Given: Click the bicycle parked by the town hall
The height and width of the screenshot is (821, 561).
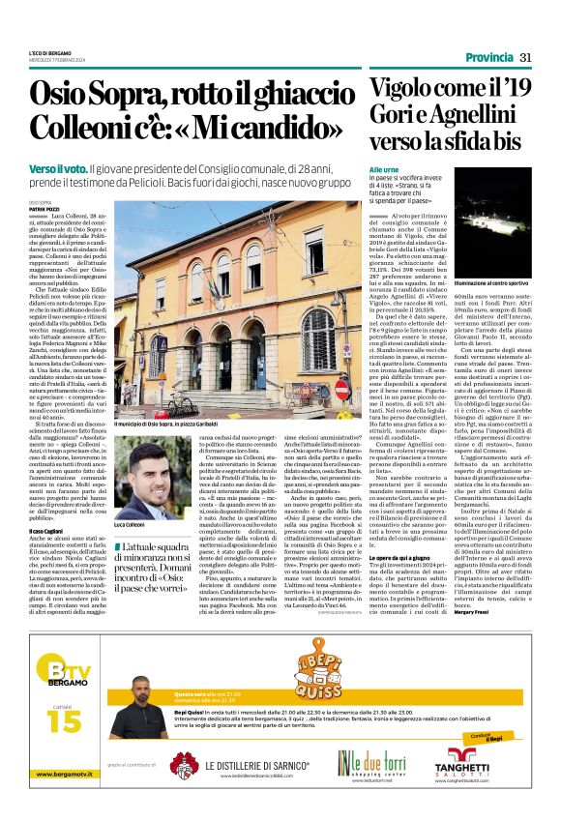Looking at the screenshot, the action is (x=181, y=404).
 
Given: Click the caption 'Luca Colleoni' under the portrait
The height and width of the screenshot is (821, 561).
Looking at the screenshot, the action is (x=131, y=524).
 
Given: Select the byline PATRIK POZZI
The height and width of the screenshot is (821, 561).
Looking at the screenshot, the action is (x=43, y=206).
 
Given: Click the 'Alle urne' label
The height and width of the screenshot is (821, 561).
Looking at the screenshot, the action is (x=383, y=170).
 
